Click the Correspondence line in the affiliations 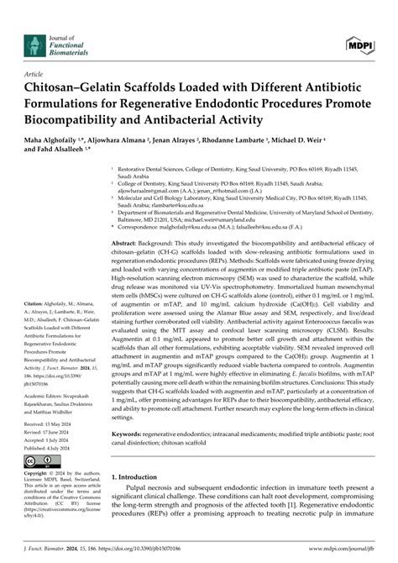[x=218, y=226]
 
